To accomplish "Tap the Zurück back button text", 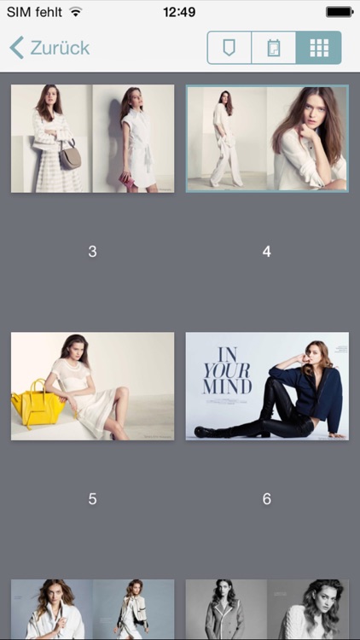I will [60, 48].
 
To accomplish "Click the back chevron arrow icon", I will [16, 48].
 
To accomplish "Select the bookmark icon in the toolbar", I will [229, 48].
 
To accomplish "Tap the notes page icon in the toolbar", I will [274, 48].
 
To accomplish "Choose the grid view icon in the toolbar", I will [319, 48].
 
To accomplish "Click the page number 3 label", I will [92, 252].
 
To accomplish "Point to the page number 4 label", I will [267, 252].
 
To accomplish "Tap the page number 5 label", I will [92, 499].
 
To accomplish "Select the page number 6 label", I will [267, 499].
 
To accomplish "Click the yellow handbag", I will [38, 404].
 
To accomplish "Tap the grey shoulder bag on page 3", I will [70, 156].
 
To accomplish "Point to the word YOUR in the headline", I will [227, 370].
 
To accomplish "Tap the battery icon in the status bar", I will [339, 12].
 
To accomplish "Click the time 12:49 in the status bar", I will [179, 12].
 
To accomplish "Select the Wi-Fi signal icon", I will [76, 12].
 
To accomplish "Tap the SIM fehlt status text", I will [34, 12].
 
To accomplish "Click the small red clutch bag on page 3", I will [127, 181].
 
